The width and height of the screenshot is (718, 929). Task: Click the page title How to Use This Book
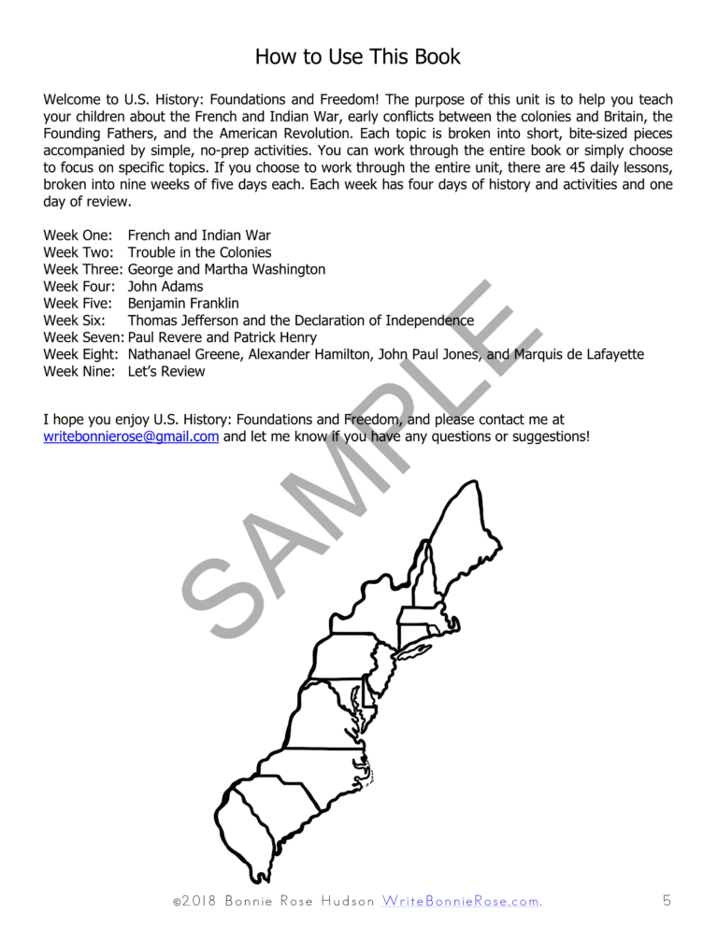click(358, 56)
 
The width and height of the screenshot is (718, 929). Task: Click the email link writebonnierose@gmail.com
click(131, 436)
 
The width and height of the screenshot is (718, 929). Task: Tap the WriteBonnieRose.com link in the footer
click(461, 901)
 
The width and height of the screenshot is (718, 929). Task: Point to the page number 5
click(667, 901)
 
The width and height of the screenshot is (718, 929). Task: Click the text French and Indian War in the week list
click(199, 236)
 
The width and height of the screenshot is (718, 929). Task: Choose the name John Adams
click(165, 286)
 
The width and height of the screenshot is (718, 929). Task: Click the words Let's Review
click(166, 370)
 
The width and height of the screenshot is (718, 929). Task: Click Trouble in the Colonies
click(199, 252)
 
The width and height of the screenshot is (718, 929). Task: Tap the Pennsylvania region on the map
click(341, 654)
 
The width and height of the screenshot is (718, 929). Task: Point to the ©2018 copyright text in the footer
click(194, 901)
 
